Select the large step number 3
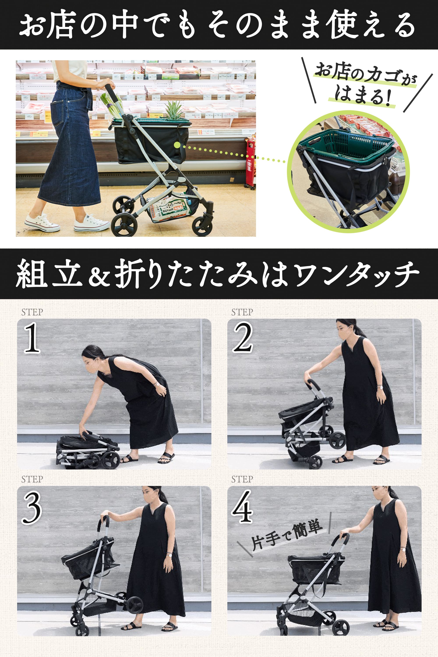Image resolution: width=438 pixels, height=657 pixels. click(x=32, y=508)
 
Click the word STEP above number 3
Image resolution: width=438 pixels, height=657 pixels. click(x=32, y=479)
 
